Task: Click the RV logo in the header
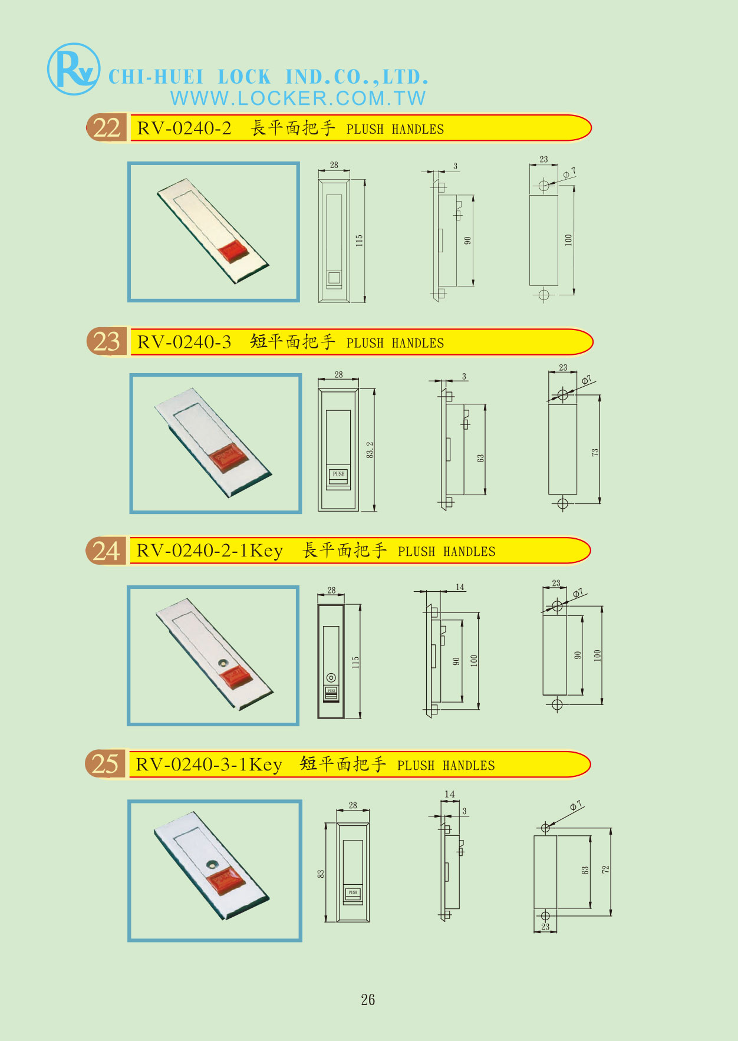click(x=73, y=69)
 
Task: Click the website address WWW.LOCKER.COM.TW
click(x=298, y=98)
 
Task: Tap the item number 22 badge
click(x=107, y=128)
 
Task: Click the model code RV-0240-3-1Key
click(x=209, y=765)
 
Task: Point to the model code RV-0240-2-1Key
click(x=209, y=551)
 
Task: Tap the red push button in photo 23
click(x=226, y=458)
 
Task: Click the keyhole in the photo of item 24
click(x=223, y=662)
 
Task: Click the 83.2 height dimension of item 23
click(x=370, y=450)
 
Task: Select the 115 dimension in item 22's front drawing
click(x=359, y=241)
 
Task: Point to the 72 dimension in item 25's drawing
click(x=605, y=869)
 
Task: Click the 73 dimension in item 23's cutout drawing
click(x=595, y=452)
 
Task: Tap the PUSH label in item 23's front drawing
click(x=338, y=474)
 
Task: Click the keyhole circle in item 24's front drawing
click(x=331, y=677)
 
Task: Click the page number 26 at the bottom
click(x=368, y=1000)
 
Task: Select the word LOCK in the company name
click(x=244, y=77)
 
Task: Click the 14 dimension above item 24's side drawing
click(x=460, y=587)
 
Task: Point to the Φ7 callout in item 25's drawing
click(x=576, y=805)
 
